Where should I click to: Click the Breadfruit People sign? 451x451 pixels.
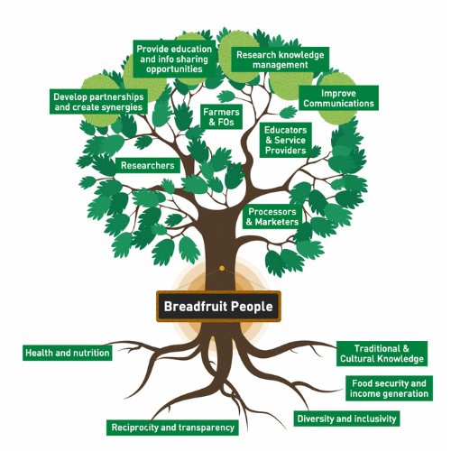point(218,307)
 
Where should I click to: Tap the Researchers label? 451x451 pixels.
point(148,165)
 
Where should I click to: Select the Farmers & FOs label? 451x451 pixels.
point(221,117)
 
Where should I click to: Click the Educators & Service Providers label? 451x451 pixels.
point(286,140)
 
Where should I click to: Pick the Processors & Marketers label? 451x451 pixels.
point(272,216)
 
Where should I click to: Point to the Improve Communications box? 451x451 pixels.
point(338,98)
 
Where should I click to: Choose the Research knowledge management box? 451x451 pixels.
point(281,60)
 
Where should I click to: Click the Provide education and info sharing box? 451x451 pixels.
point(174,59)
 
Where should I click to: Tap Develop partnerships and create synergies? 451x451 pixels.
point(98,102)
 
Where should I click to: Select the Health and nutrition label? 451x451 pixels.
point(68,353)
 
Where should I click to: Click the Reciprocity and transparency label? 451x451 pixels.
point(172,428)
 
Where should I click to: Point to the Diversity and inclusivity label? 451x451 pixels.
point(346,419)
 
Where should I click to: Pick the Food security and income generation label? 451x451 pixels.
point(389,388)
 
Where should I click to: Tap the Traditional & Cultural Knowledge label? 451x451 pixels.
point(382,354)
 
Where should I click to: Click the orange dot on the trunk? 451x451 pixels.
point(222,268)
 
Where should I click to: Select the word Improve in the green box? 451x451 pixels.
point(338,94)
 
